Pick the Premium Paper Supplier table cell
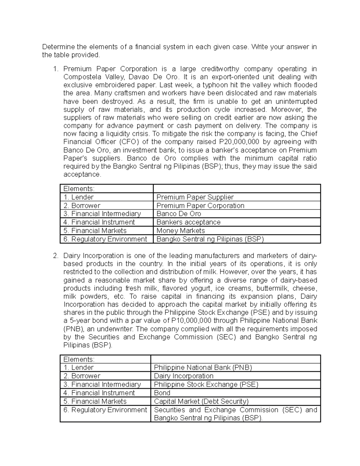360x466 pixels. pyautogui.click(x=195, y=197)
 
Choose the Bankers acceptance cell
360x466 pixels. pyautogui.click(x=188, y=222)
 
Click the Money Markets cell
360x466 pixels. pyautogui.click(x=181, y=230)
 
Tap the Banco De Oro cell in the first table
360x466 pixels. pyautogui.click(x=179, y=214)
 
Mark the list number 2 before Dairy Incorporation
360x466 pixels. pyautogui.click(x=55, y=256)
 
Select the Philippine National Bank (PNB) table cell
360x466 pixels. pyautogui.click(x=203, y=368)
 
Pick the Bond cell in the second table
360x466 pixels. pyautogui.click(x=162, y=393)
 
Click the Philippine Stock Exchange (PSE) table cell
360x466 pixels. pyautogui.click(x=206, y=384)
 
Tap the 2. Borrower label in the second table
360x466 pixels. pyautogui.click(x=82, y=376)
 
